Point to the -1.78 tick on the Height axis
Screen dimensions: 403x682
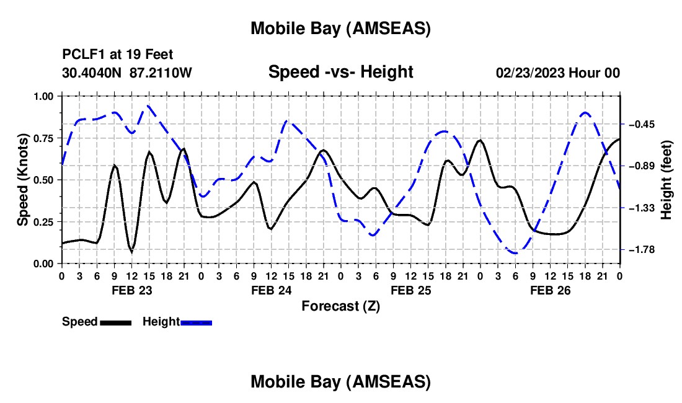click(639, 249)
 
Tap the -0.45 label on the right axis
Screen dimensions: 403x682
click(639, 124)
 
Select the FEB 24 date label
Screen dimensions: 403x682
click(271, 290)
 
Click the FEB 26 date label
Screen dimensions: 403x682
click(550, 290)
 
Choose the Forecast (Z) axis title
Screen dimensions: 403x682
click(340, 306)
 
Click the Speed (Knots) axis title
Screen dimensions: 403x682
click(23, 180)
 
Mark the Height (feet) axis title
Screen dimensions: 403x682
click(666, 180)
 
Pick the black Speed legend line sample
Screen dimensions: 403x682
click(115, 322)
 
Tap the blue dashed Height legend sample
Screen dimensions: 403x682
click(196, 322)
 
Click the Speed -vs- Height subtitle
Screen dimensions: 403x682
click(340, 72)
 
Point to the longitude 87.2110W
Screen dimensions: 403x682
click(161, 73)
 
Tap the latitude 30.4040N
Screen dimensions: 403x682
click(93, 73)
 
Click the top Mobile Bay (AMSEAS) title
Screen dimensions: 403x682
click(340, 29)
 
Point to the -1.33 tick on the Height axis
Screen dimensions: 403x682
click(639, 208)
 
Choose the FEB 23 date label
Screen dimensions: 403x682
click(131, 290)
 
